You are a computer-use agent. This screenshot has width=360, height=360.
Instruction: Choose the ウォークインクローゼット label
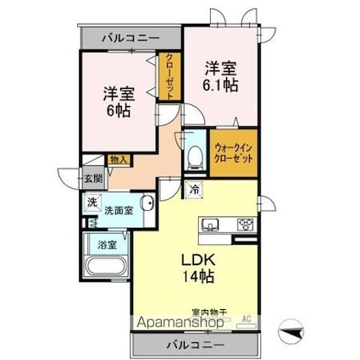(x=232, y=153)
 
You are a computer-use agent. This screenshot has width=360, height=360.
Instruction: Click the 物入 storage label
(x=119, y=159)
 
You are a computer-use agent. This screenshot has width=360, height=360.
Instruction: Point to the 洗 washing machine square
(x=91, y=203)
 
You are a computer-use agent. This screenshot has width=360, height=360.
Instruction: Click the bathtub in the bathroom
(x=107, y=270)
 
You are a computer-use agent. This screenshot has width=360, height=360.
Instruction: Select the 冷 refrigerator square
(x=195, y=189)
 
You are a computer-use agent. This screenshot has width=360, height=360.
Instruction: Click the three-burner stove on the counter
(x=245, y=224)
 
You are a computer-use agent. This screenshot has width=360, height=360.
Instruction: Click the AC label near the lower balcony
(x=247, y=318)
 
